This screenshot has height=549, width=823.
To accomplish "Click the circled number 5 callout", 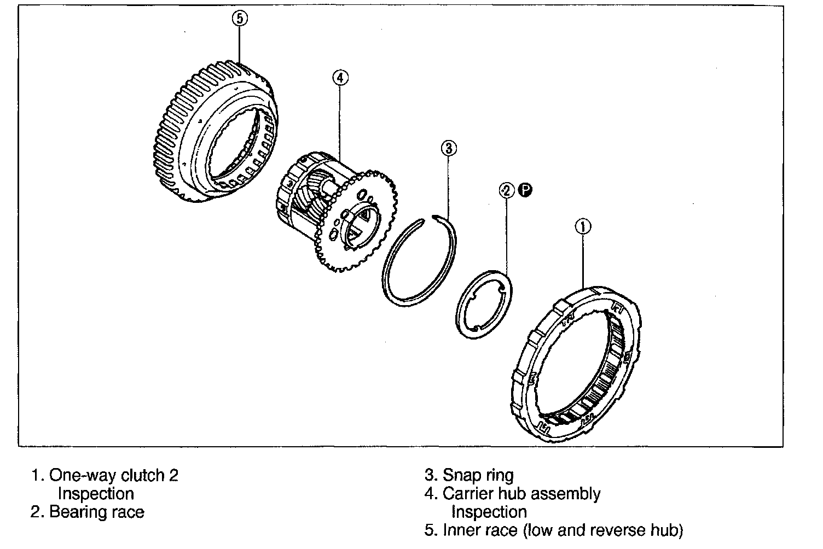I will point(240,19).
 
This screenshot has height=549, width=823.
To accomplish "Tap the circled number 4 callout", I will point(339,78).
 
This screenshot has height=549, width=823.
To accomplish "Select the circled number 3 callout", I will point(448,148).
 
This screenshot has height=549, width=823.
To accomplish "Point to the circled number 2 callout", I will point(506,190).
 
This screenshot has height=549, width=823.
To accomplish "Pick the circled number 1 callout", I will point(583,226).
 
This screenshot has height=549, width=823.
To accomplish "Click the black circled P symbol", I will point(525,190).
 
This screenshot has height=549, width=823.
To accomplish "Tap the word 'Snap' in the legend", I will point(461,476).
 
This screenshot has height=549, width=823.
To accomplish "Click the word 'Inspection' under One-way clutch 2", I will point(96,494).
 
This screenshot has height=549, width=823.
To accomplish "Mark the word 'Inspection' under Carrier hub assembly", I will point(489,512).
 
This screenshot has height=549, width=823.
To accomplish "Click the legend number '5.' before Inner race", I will point(431,530).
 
